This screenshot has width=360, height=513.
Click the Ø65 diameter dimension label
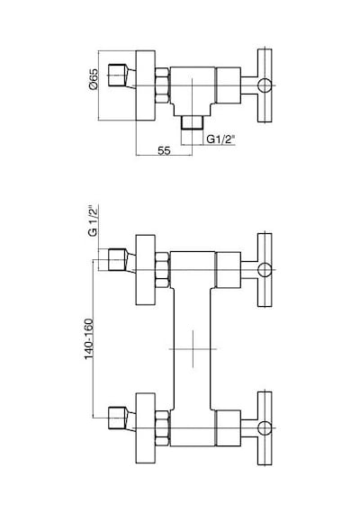click(94, 79)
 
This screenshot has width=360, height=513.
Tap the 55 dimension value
click(164, 151)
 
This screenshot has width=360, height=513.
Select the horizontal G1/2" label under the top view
click(220, 139)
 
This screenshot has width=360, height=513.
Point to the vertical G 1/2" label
click(93, 220)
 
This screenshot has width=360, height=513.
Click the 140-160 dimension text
click(89, 339)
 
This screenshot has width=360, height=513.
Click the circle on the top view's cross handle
click(265, 85)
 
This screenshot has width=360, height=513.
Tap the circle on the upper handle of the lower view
click(265, 270)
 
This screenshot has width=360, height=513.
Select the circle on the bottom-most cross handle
click(265, 427)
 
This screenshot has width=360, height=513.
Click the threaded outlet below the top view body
click(192, 122)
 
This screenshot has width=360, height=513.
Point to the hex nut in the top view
click(162, 85)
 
